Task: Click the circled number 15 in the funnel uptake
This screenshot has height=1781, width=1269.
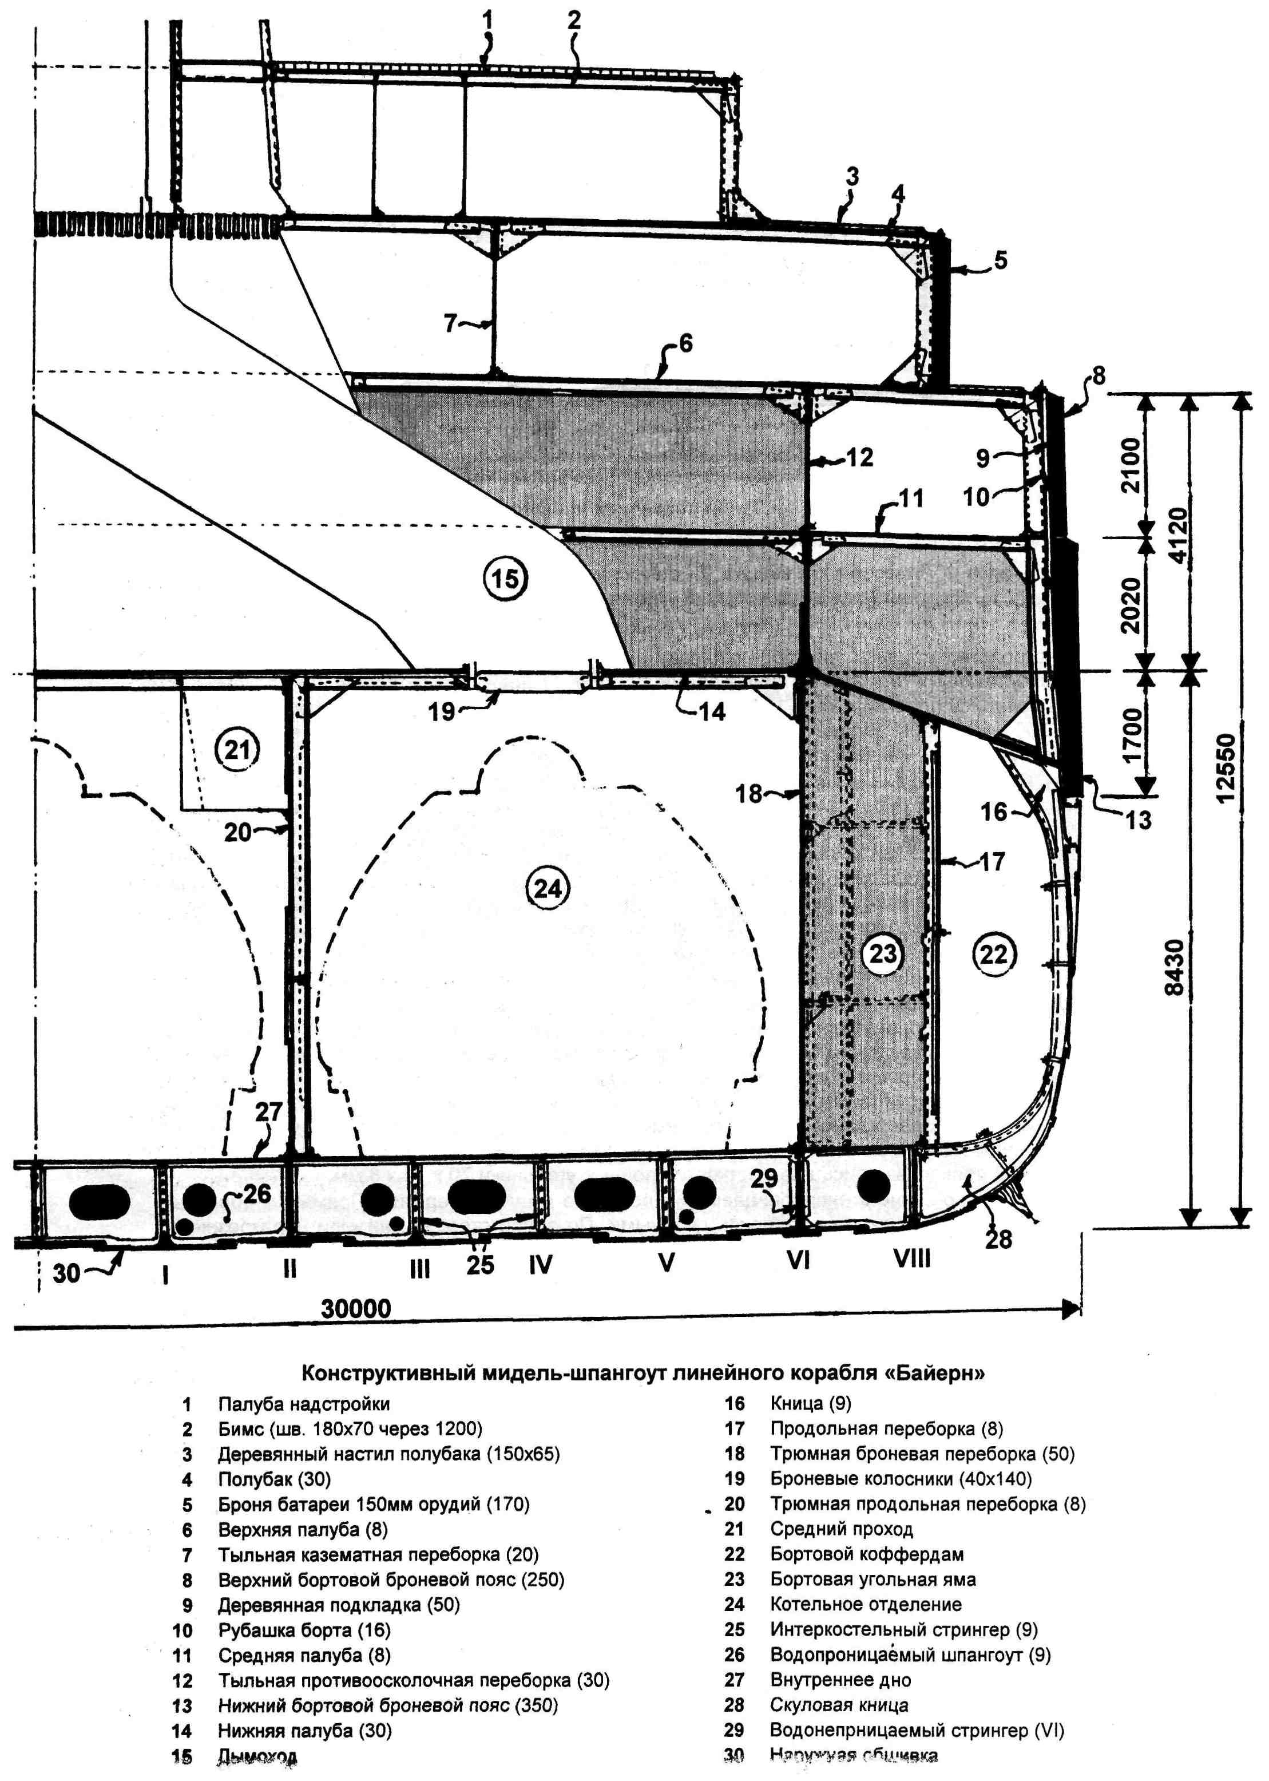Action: point(506,579)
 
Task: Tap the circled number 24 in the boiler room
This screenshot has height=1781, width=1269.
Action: point(548,889)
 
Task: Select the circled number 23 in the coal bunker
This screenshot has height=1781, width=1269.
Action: point(883,953)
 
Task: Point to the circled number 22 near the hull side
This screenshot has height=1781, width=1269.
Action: point(994,953)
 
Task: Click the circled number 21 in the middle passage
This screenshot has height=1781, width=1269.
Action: point(237,750)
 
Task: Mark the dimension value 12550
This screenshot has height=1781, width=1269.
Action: point(1227,767)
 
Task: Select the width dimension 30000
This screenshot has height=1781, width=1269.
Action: point(356,1308)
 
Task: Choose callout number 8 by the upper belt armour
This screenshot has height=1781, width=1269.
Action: point(1099,377)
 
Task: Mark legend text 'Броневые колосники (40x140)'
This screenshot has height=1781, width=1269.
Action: point(901,1479)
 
